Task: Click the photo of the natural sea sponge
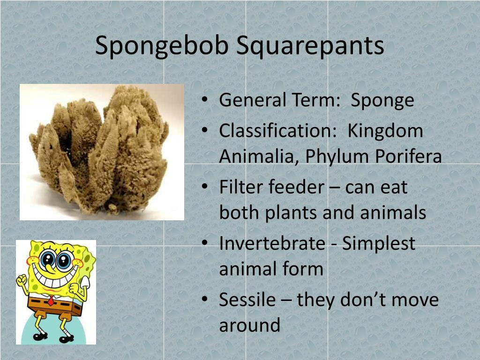(101, 151)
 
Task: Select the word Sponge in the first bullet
(382, 101)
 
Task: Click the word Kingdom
(385, 131)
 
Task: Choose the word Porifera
(408, 157)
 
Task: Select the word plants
(291, 213)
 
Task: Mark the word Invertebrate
(272, 244)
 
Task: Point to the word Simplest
(378, 244)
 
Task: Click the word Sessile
(247, 300)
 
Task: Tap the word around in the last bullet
(249, 325)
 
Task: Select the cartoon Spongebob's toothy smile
(53, 279)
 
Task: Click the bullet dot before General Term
(205, 101)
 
